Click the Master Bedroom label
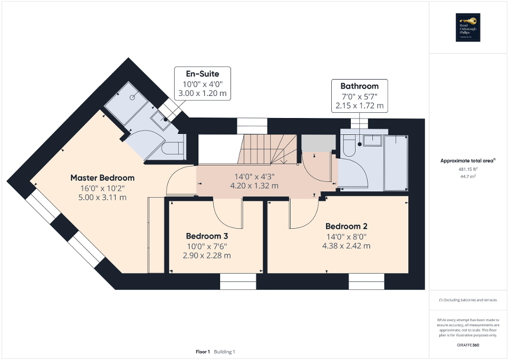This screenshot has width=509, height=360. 102,178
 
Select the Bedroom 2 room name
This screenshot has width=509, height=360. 347,226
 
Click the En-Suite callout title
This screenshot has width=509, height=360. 203,74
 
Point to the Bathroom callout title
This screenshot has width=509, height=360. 359,86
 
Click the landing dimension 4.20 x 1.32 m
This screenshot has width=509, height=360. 254,186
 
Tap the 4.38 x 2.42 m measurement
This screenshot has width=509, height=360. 347,246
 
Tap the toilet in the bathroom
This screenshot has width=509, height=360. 349,148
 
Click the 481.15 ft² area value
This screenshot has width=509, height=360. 468,169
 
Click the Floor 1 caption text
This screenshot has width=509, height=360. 203,352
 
